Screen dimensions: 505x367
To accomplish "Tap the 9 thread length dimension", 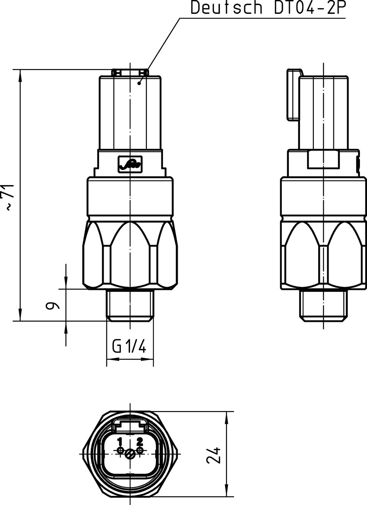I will (x=52, y=305).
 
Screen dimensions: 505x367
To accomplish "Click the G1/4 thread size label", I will (x=129, y=346).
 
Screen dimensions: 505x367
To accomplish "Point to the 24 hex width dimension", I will (x=214, y=455).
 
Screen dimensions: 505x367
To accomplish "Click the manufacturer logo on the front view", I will (x=130, y=164).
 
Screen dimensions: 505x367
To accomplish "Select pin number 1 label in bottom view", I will (x=120, y=441).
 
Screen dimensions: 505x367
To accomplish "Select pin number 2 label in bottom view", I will (x=139, y=441).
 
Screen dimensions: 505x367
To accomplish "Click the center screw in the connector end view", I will (x=130, y=454).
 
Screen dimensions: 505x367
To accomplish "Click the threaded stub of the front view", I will (x=130, y=305).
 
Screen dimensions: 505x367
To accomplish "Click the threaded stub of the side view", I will (x=323, y=305).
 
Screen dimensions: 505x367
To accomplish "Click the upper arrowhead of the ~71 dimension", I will (x=21, y=75).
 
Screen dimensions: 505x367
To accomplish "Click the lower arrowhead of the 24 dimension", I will (x=227, y=490).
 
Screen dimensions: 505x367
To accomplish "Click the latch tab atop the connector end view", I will (x=130, y=425).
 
